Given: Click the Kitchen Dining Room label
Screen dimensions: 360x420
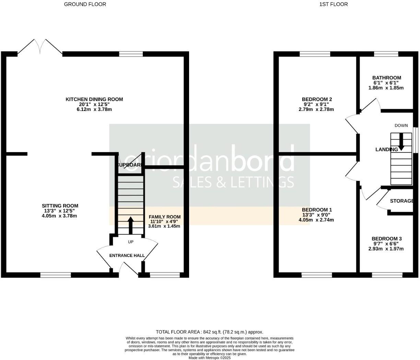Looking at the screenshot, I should (94, 99).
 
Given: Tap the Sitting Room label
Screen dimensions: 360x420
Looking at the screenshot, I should (60, 206).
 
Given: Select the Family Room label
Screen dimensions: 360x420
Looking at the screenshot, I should (164, 217).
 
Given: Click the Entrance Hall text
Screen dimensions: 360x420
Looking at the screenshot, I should (127, 256).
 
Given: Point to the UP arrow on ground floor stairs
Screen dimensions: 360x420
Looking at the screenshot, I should (130, 225).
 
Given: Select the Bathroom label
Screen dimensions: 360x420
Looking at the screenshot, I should (387, 78).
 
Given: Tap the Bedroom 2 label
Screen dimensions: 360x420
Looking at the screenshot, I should (317, 99).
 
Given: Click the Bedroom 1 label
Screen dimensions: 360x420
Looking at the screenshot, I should (317, 210).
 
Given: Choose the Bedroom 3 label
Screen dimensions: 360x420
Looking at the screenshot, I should (387, 238).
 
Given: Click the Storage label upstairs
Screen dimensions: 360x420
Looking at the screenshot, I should (401, 201).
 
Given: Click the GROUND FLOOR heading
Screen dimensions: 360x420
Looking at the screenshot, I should (85, 4).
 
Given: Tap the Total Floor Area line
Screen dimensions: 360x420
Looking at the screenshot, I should (210, 332).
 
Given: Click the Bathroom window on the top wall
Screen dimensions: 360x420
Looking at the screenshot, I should (386, 54).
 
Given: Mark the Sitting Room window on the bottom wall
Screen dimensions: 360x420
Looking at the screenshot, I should (56, 275).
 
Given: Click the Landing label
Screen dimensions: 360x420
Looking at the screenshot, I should (386, 149).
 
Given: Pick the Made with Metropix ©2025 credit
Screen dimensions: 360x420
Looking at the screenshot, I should (210, 358).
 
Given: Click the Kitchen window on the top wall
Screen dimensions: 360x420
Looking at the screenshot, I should (131, 54).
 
